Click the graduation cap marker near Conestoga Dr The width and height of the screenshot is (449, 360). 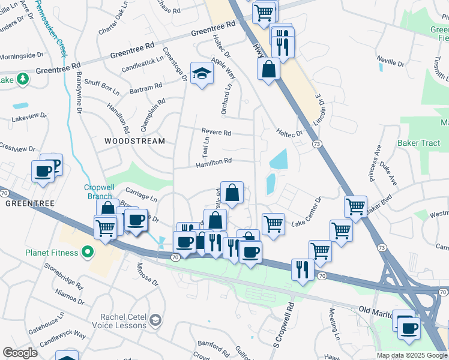[202, 74]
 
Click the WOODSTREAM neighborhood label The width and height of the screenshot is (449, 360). [134, 141]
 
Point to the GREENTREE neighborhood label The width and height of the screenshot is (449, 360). [30, 203]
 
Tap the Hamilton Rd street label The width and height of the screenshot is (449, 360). [213, 161]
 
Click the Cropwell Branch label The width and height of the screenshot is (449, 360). [98, 191]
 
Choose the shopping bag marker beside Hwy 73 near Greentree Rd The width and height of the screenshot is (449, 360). [268, 68]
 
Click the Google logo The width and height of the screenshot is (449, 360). [20, 353]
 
